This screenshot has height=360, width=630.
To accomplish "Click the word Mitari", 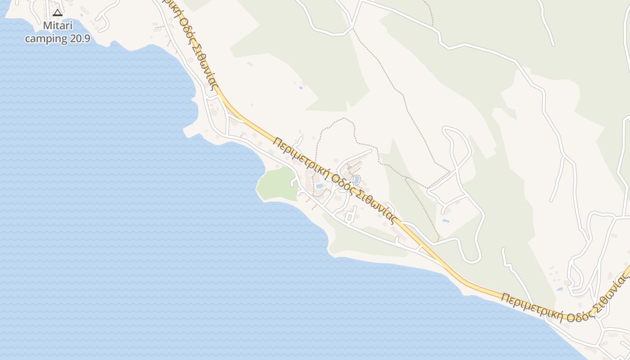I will coord(58,26).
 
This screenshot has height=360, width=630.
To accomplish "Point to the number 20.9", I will coord(80,39).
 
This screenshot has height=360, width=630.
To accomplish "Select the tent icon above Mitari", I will coord(57,13).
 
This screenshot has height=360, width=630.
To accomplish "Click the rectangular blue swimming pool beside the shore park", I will coord(319,185).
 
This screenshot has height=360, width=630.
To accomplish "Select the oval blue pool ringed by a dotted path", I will coord(356,180).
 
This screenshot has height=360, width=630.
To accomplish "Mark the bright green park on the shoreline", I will coord(276,184).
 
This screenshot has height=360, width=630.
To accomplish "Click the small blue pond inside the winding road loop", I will coord(446,221).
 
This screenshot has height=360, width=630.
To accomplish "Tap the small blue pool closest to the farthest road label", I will coord(559,289).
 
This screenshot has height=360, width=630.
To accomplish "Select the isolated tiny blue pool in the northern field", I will coord(301,88).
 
